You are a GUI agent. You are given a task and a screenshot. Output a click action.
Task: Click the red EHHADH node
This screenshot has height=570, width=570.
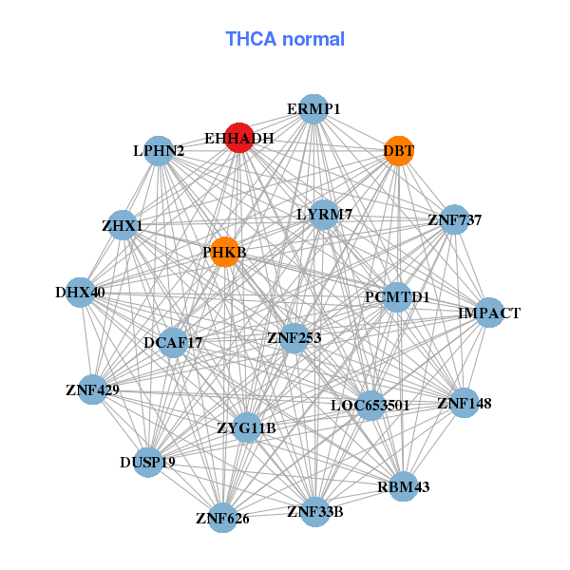tap(239, 138)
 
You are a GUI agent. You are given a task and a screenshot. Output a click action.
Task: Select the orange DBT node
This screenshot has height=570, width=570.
tap(399, 151)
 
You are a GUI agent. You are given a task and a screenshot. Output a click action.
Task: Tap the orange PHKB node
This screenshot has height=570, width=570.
tap(224, 253)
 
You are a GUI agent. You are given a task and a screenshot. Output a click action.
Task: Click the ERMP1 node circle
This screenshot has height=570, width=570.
tap(313, 109)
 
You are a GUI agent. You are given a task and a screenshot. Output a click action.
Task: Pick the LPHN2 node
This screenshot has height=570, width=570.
tap(159, 151)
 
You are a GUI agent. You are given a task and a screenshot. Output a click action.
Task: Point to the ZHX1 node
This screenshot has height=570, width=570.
tap(123, 226)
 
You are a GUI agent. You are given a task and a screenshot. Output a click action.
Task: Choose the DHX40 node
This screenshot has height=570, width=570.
tap(80, 293)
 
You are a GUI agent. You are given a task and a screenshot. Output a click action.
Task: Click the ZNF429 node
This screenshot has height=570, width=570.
tap(92, 389)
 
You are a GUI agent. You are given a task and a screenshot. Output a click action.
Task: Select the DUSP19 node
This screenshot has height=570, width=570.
tap(147, 463)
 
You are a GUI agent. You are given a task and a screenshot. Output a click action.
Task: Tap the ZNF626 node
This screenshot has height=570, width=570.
tap(222, 518)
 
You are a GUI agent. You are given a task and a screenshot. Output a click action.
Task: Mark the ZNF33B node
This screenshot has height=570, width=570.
tap(315, 513)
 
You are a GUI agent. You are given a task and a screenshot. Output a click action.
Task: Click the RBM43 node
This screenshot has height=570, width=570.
tap(403, 487)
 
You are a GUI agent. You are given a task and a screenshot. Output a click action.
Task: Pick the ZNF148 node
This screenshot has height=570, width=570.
tap(464, 404)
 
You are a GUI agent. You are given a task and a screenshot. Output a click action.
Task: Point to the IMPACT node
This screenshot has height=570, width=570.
tap(488, 313)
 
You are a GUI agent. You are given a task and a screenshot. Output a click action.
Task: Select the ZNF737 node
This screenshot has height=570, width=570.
tap(454, 220)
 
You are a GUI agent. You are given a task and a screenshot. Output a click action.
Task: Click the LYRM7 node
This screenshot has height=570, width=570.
tap(324, 215)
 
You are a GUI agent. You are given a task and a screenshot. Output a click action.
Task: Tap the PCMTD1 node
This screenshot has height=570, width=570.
tap(397, 297)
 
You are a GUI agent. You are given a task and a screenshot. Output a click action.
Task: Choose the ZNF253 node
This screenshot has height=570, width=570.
tap(294, 337)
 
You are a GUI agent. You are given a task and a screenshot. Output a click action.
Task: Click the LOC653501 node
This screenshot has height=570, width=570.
tap(370, 406)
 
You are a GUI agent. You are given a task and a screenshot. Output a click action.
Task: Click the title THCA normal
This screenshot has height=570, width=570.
tap(285, 39)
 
